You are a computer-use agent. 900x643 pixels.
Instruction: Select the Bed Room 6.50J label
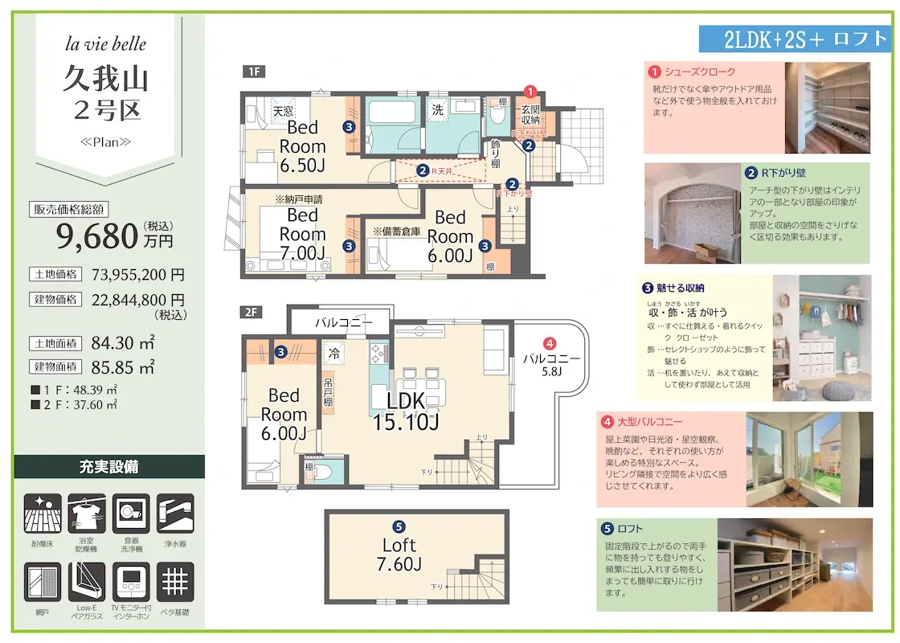point(302,146)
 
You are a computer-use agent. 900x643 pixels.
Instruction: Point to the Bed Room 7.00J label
point(302,235)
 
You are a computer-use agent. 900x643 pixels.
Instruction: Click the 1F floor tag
point(253,72)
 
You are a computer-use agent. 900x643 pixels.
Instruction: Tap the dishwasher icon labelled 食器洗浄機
point(131,513)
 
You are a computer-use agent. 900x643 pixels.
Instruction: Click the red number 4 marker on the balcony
point(550,342)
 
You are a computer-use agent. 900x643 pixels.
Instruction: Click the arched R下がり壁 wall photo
point(692,214)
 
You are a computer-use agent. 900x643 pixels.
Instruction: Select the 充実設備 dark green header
point(109,467)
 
